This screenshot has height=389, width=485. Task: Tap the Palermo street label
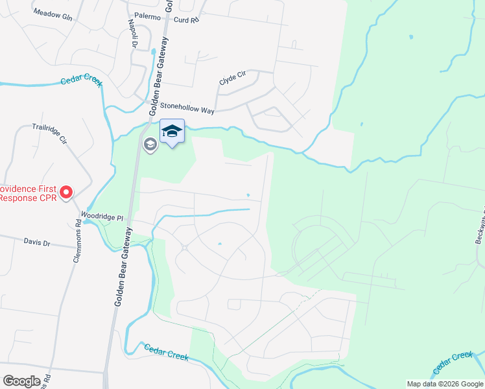147,17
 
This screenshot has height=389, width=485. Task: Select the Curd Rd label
185,20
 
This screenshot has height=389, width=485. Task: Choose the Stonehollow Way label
187,108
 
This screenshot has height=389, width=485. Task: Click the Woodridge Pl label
102,217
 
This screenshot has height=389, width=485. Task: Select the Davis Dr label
37,242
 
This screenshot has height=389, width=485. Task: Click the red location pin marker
66,192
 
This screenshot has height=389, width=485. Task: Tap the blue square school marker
172,132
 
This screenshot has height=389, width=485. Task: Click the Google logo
21,381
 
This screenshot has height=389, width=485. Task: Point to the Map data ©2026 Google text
444,384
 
